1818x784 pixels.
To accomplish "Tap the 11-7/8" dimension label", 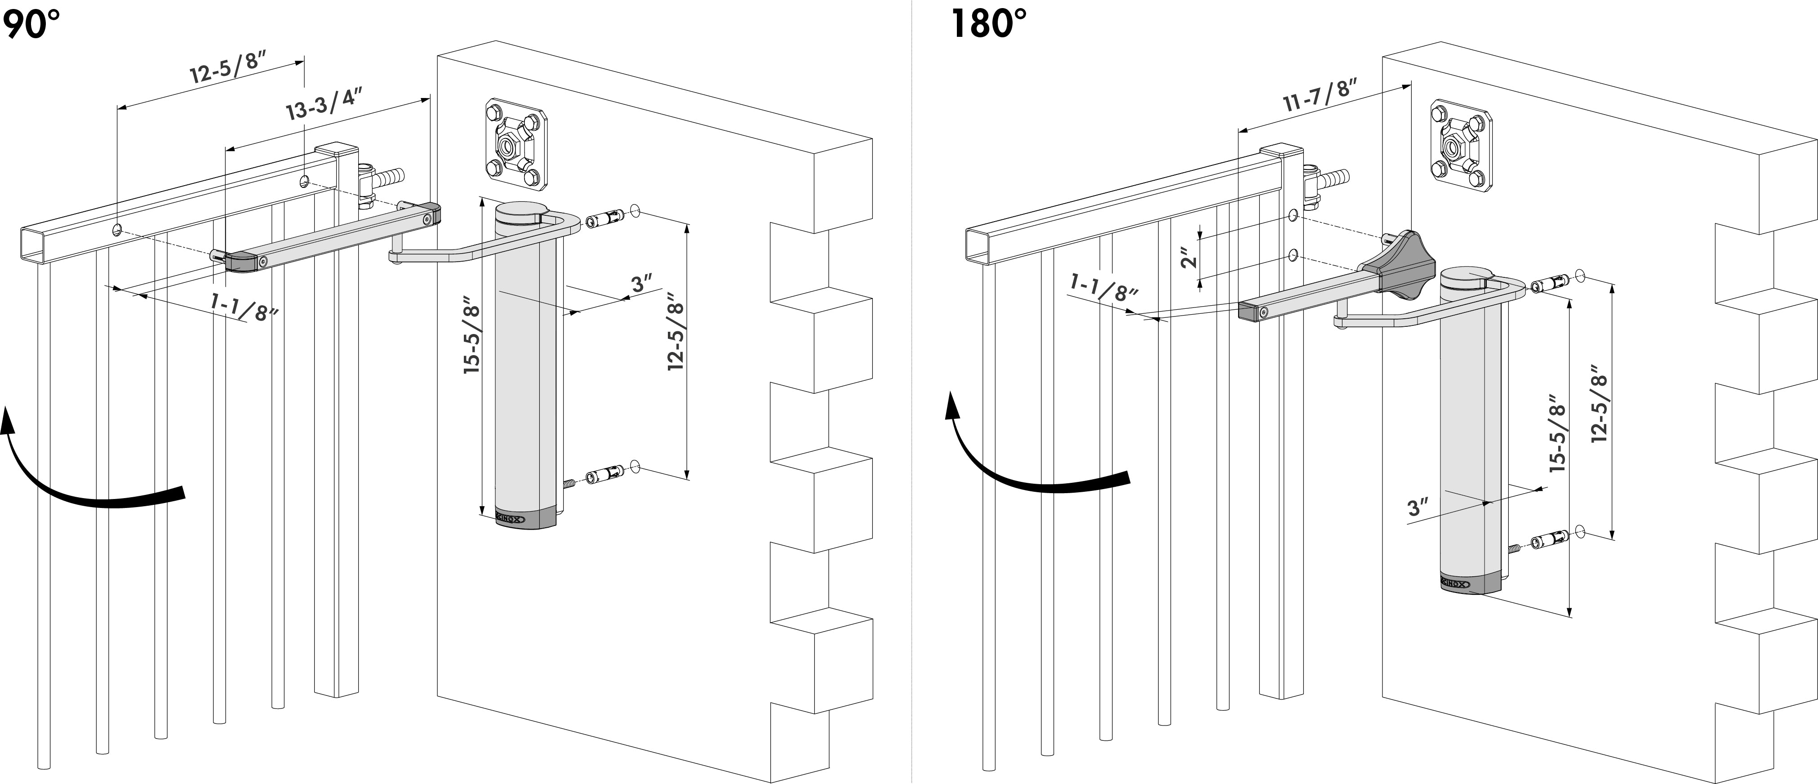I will pyautogui.click(x=1320, y=96).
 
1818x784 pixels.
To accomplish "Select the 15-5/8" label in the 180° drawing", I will pyautogui.click(x=1558, y=437).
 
